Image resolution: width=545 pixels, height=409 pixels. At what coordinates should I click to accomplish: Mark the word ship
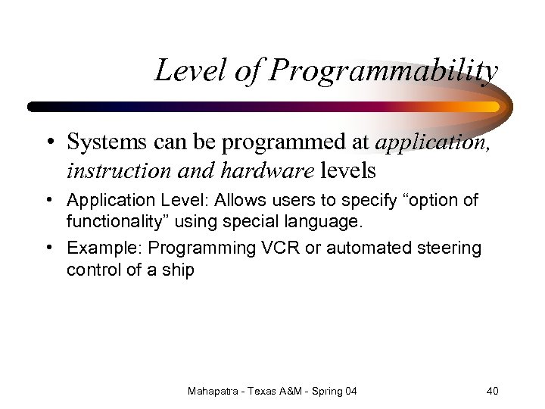click(179, 269)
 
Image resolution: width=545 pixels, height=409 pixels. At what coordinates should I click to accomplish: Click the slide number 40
click(492, 391)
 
